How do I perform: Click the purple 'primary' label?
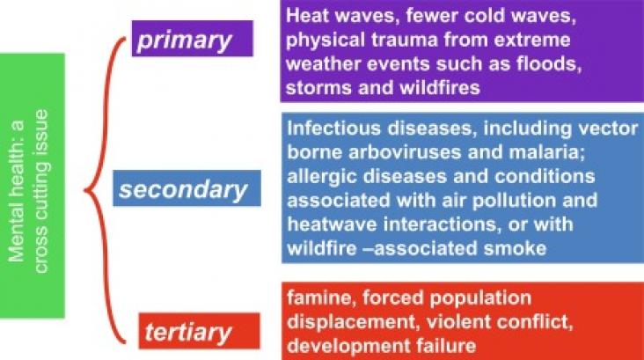point(192,38)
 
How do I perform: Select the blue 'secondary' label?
point(187,187)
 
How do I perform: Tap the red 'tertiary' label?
point(199,331)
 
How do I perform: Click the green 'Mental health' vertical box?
point(32,186)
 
